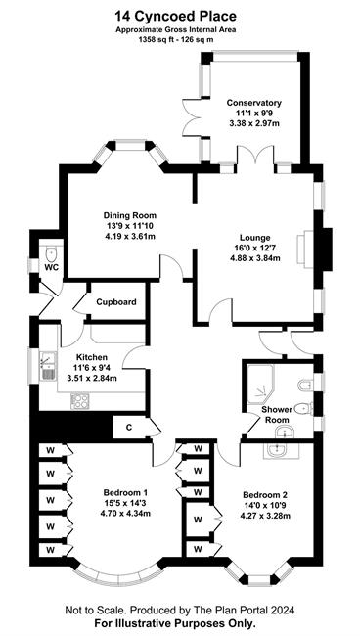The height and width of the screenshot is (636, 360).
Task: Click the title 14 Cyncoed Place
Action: click(175, 17)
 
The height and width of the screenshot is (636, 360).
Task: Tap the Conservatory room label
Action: click(254, 102)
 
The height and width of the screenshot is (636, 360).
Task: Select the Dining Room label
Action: click(130, 215)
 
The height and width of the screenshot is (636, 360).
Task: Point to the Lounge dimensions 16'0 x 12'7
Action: click(254, 248)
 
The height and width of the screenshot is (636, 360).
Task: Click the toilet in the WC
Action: click(52, 254)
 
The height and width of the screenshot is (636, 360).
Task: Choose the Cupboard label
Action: click(116, 302)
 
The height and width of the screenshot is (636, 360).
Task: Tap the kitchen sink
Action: click(48, 366)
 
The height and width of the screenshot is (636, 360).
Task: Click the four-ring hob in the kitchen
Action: click(79, 401)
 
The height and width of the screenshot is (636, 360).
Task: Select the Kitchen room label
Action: click(92, 357)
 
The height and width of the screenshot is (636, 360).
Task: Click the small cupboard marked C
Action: click(129, 428)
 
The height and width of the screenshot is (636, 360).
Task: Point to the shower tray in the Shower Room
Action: click(260, 386)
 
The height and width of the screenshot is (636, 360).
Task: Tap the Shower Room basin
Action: click(288, 432)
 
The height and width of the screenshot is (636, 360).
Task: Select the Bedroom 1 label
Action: click(125, 493)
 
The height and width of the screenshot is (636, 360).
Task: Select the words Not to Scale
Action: click(90, 610)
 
